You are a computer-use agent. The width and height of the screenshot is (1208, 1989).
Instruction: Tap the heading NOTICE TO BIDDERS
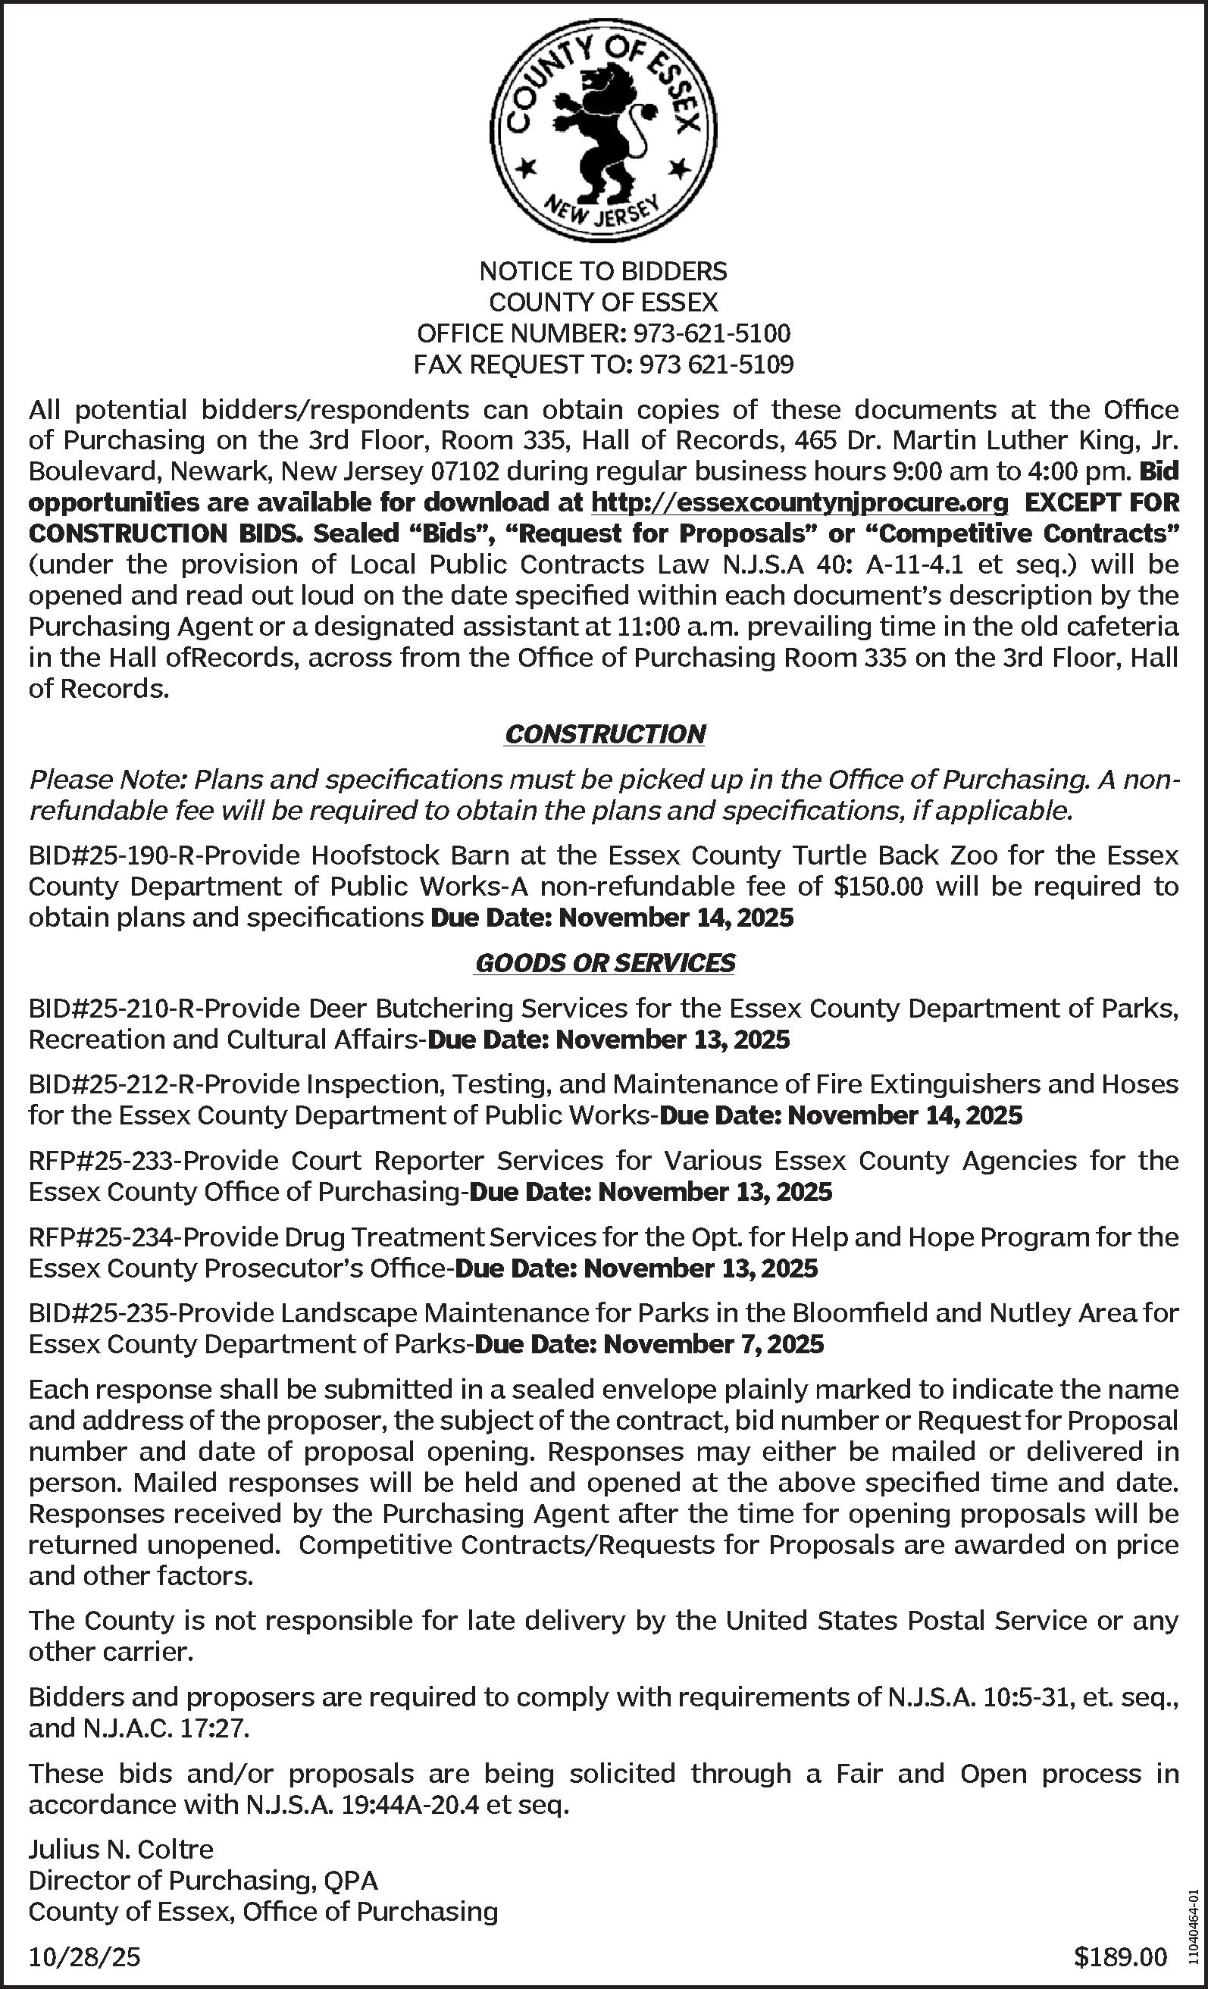click(x=603, y=271)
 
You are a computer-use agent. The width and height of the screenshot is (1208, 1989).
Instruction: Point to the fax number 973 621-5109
click(x=716, y=365)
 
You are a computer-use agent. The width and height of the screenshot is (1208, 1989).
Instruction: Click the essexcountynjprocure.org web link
click(x=800, y=502)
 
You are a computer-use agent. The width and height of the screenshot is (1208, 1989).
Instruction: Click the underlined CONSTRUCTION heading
click(x=605, y=733)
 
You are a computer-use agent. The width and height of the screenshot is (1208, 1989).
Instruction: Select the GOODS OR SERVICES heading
click(x=605, y=962)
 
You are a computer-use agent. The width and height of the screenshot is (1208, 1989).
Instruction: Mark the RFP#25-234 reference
click(x=100, y=1237)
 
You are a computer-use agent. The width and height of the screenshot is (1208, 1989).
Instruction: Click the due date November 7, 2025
click(x=714, y=1344)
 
